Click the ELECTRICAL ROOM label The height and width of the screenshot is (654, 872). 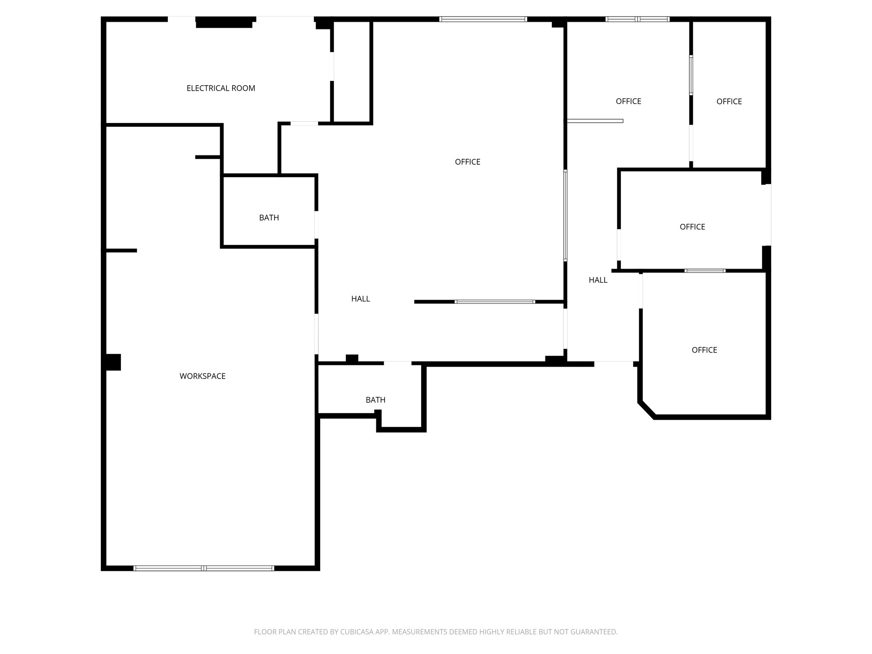[221, 88]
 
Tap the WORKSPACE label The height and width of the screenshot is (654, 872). [202, 376]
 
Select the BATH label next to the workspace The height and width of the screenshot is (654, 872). [269, 218]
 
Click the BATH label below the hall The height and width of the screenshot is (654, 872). [375, 400]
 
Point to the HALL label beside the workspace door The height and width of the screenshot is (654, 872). [360, 299]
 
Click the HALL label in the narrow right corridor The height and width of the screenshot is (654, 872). [598, 280]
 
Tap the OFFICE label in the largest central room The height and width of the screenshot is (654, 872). [467, 162]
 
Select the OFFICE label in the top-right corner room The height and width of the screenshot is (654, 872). [729, 101]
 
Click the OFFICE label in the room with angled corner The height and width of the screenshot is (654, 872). [704, 350]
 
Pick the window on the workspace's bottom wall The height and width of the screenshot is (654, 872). [204, 568]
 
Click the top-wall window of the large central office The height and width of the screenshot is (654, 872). [483, 19]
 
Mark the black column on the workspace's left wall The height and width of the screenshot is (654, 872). [113, 362]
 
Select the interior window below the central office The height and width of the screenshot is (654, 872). [494, 302]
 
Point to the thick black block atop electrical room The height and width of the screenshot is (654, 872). [224, 22]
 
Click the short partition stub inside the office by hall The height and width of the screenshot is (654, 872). [595, 121]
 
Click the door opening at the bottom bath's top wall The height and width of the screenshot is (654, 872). [397, 363]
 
